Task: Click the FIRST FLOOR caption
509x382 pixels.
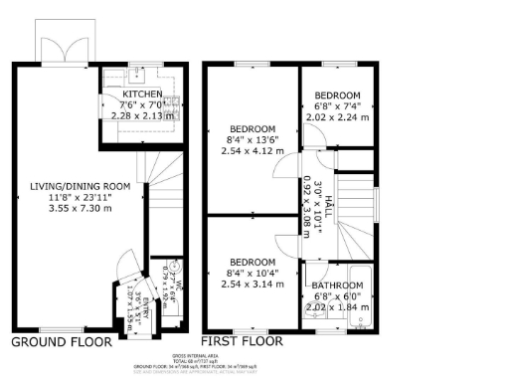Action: [243, 342]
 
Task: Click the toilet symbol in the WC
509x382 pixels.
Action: [175, 267]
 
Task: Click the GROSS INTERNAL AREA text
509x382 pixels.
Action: [254, 354]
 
